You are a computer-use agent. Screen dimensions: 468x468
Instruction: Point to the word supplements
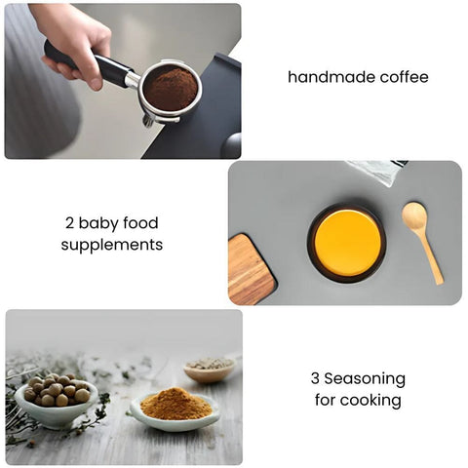(112, 246)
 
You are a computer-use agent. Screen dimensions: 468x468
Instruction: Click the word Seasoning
(365, 378)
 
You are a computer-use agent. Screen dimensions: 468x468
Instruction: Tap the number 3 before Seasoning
(315, 378)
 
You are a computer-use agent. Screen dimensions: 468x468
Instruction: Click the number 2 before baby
(70, 223)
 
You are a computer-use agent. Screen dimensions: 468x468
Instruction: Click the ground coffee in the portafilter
(171, 89)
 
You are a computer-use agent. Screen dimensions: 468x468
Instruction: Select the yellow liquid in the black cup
(347, 243)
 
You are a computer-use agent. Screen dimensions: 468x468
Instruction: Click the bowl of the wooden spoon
(414, 215)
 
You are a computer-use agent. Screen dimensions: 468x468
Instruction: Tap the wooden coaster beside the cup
(252, 269)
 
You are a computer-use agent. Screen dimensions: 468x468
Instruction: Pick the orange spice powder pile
(175, 405)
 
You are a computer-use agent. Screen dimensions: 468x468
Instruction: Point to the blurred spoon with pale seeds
(211, 368)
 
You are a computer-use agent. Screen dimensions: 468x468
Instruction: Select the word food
(141, 223)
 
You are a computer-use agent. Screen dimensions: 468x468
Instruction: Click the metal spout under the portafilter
(148, 121)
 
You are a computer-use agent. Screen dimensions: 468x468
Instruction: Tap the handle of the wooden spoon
(431, 256)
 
